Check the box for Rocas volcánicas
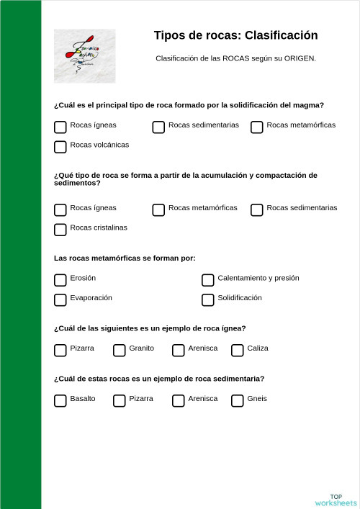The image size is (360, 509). [x=60, y=147]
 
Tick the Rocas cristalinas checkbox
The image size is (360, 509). [x=60, y=230]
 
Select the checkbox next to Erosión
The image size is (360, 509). [x=60, y=280]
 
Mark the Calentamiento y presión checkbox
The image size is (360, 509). [x=208, y=280]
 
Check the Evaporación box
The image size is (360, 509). [x=60, y=299]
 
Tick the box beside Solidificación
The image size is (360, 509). [x=208, y=299]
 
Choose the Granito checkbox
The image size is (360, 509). [x=120, y=350]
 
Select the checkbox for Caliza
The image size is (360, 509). [x=238, y=350]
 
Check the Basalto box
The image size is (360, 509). [x=60, y=400]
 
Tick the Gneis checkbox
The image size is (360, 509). [x=238, y=400]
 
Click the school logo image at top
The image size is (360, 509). [x=84, y=55]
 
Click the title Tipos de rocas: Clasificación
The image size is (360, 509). [x=235, y=35]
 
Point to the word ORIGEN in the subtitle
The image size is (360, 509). [x=300, y=58]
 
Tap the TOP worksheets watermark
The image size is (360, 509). [x=336, y=500]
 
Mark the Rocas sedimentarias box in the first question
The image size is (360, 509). [x=159, y=127]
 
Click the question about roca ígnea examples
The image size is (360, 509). [x=150, y=328]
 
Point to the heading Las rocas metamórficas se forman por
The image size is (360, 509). [x=125, y=258]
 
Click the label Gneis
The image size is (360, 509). [x=257, y=399]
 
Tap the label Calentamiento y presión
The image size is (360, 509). [x=258, y=278]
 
